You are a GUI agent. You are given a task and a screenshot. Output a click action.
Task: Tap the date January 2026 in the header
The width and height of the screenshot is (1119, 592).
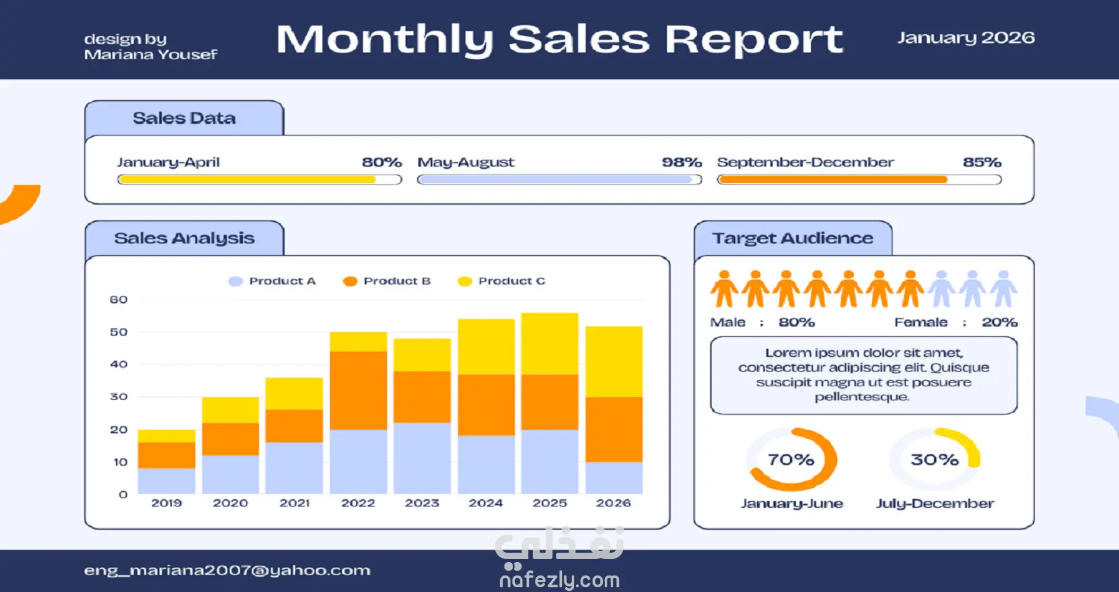click(966, 38)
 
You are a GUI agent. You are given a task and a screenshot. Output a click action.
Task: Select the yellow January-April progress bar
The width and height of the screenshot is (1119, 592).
click(247, 179)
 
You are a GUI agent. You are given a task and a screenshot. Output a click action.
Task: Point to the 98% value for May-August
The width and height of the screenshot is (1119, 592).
click(682, 162)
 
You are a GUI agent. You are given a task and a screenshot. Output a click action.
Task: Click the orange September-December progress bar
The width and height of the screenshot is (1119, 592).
click(833, 179)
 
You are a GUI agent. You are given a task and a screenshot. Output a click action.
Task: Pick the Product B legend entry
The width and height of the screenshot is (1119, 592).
click(387, 281)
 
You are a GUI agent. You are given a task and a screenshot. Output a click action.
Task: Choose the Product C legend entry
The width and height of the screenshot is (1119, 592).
click(502, 281)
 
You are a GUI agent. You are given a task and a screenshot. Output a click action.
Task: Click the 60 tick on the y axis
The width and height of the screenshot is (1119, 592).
click(118, 300)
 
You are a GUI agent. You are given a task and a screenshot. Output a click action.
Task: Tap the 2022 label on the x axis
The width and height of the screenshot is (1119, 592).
click(358, 503)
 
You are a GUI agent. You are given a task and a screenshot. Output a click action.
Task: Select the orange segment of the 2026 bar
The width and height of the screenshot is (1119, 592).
click(614, 429)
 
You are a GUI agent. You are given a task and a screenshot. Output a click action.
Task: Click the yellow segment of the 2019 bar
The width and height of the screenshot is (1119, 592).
click(166, 436)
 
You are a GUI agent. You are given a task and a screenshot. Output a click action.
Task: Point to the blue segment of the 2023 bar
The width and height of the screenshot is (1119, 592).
click(422, 458)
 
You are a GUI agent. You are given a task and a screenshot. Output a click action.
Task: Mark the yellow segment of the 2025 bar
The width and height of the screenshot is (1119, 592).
click(550, 344)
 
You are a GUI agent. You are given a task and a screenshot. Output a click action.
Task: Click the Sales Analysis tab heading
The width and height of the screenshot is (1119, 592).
click(184, 238)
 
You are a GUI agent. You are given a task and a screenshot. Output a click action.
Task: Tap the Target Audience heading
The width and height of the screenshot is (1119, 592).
click(793, 238)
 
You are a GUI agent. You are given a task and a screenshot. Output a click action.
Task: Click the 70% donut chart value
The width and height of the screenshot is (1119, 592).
click(791, 460)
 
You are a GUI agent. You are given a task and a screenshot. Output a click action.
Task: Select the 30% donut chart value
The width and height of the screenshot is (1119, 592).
click(935, 460)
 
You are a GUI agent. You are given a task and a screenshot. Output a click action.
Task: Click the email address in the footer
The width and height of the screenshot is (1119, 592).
click(227, 570)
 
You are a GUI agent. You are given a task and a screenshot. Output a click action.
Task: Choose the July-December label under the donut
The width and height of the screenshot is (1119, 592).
click(935, 504)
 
